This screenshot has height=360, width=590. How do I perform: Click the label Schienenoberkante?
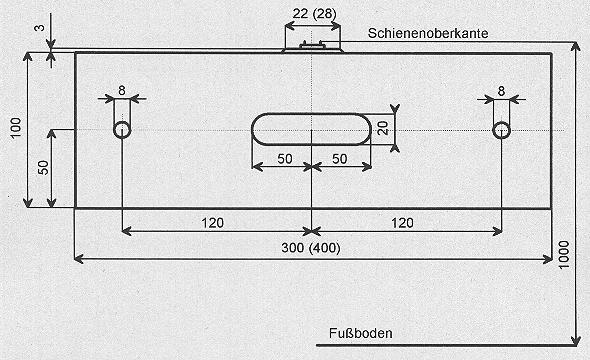[428, 33]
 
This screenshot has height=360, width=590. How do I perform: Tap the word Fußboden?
[360, 333]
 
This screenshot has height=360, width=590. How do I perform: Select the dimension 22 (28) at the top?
[314, 14]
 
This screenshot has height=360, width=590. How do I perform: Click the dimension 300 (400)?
[311, 248]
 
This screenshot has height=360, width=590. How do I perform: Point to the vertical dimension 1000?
[564, 255]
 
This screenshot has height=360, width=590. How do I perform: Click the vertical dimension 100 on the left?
[16, 128]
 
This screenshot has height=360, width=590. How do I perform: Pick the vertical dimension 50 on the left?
[44, 167]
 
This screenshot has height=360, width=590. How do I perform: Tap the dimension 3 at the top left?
[40, 27]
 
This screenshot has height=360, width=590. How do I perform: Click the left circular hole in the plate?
[122, 130]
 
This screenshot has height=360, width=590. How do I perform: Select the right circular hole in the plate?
[502, 130]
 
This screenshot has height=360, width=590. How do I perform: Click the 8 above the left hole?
[122, 91]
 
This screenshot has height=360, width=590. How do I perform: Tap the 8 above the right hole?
[501, 91]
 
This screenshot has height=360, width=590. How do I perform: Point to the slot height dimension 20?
[383, 128]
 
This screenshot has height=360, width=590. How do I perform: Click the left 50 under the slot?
[285, 159]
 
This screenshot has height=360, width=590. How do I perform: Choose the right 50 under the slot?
[339, 159]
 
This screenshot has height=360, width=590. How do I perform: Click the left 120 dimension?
[213, 223]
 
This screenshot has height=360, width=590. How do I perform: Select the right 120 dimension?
[403, 223]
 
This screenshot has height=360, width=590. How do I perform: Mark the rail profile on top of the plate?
[312, 48]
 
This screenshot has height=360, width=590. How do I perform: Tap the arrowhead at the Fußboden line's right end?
[576, 341]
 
